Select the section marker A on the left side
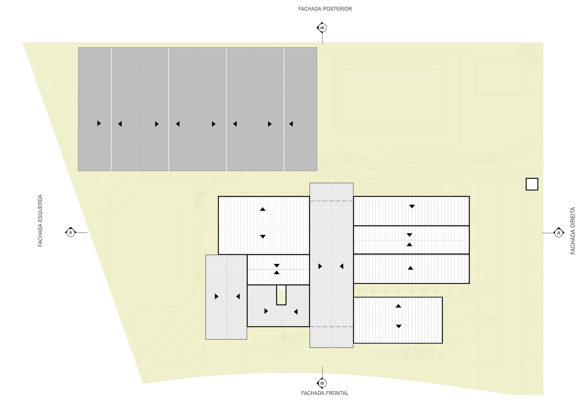(x=71, y=233)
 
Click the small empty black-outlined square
(x=532, y=184)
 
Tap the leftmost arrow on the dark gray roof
(x=99, y=124)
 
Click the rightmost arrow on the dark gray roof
(x=291, y=124)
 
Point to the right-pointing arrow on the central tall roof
(x=320, y=266)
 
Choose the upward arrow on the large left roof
(x=263, y=209)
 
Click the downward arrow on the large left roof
(x=263, y=237)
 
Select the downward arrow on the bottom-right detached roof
(x=398, y=326)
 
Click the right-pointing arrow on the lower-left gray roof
(x=217, y=296)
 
